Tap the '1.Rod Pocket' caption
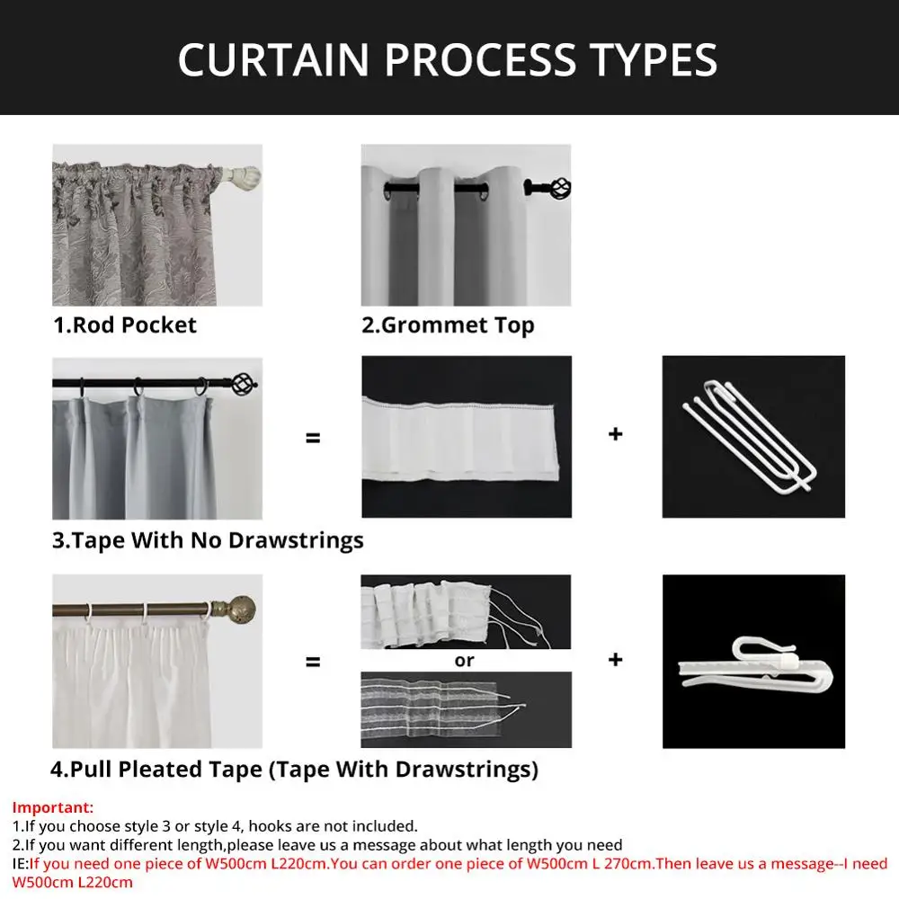(x=125, y=325)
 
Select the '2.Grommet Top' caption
(x=448, y=325)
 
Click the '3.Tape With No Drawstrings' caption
(x=208, y=540)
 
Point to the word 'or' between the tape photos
(x=465, y=661)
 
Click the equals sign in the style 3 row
(x=313, y=439)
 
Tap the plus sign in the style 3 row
(x=616, y=434)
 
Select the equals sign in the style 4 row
(x=313, y=663)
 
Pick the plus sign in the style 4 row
(x=616, y=660)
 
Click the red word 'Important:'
(x=52, y=808)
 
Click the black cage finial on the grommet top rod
(x=558, y=189)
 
